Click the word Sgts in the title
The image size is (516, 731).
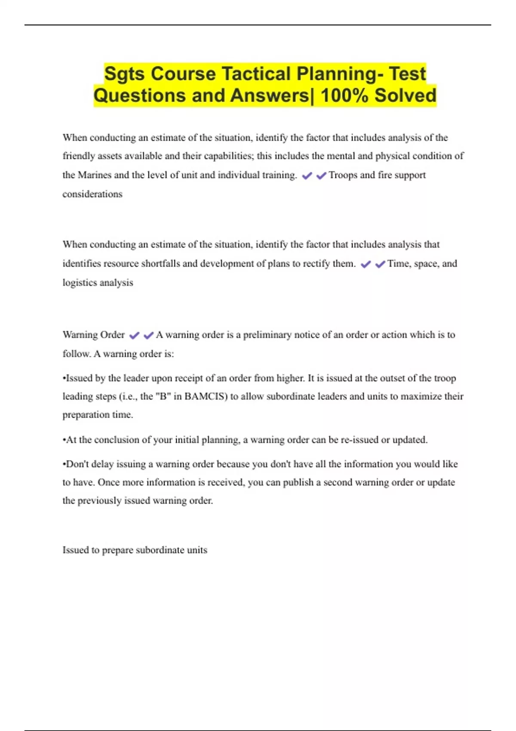(x=125, y=74)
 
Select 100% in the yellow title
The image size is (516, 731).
(x=344, y=95)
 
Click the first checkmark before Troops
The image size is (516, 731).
(x=307, y=175)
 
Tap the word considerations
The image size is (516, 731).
(x=92, y=194)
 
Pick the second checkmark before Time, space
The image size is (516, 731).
(x=380, y=264)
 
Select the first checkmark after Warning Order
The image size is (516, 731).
(x=134, y=335)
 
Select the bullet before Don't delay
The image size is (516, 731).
(x=64, y=464)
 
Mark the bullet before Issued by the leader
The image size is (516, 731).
(x=64, y=378)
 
